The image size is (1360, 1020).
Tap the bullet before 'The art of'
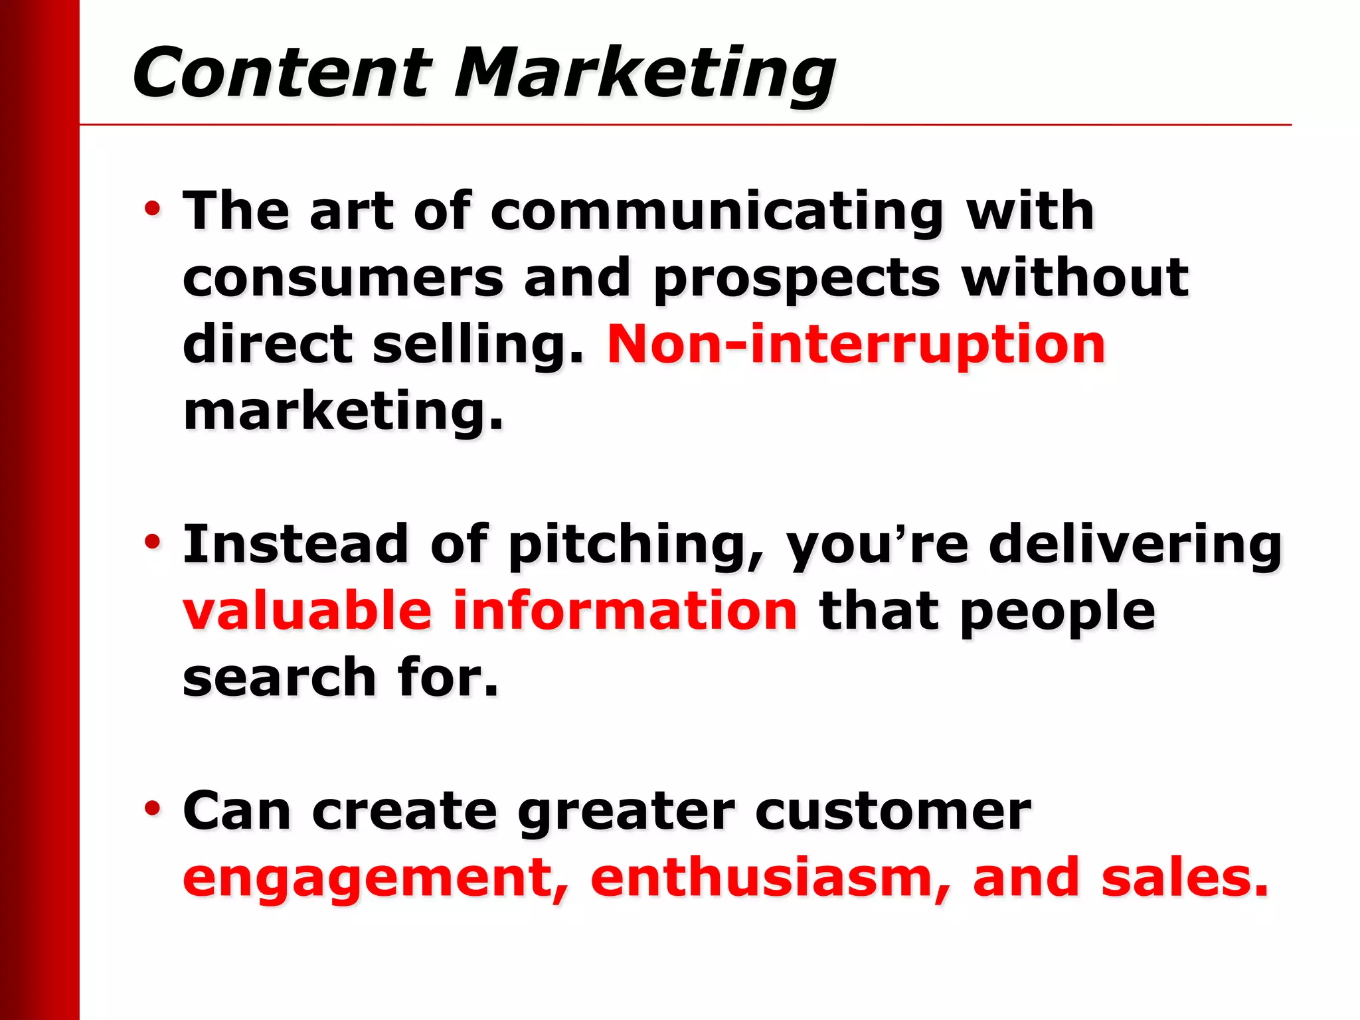point(153,209)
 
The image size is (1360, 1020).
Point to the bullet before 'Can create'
point(153,809)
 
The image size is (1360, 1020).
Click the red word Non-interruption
point(856,345)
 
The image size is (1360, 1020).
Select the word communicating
point(717,212)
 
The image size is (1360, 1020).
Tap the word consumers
point(343,279)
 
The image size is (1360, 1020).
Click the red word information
point(624,611)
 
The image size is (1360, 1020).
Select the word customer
point(892,811)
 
